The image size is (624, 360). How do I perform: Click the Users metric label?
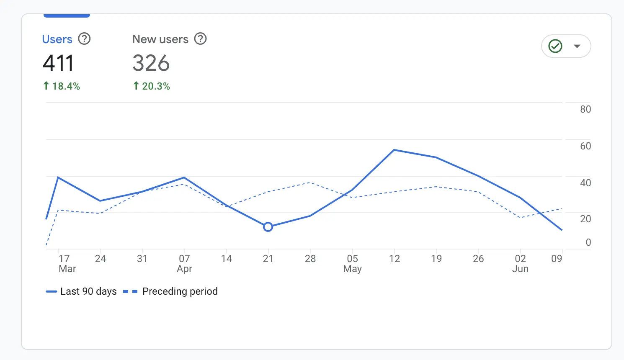coord(57,39)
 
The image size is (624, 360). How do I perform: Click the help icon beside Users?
coord(85,39)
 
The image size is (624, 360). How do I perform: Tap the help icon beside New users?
coord(201,39)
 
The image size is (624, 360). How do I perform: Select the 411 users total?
coord(58,63)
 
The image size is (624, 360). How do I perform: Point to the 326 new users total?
coord(151,63)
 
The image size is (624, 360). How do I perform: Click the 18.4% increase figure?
coord(62,86)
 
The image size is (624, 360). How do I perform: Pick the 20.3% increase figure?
coord(152,86)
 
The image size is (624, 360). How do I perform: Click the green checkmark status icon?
coord(555,46)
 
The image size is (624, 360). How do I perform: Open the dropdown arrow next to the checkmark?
coord(577,46)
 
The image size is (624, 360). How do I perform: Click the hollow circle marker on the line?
coord(268,227)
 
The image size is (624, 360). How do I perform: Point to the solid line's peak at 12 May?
coord(394,150)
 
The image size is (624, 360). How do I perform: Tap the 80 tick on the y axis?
coord(585,109)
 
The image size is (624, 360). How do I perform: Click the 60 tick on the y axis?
coord(585,146)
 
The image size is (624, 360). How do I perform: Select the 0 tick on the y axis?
coord(588,242)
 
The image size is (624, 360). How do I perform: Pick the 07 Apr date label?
coord(184,263)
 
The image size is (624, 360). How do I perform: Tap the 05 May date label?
coord(352,263)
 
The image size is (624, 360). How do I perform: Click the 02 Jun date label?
coord(520,263)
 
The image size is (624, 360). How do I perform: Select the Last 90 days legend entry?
coord(82,291)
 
